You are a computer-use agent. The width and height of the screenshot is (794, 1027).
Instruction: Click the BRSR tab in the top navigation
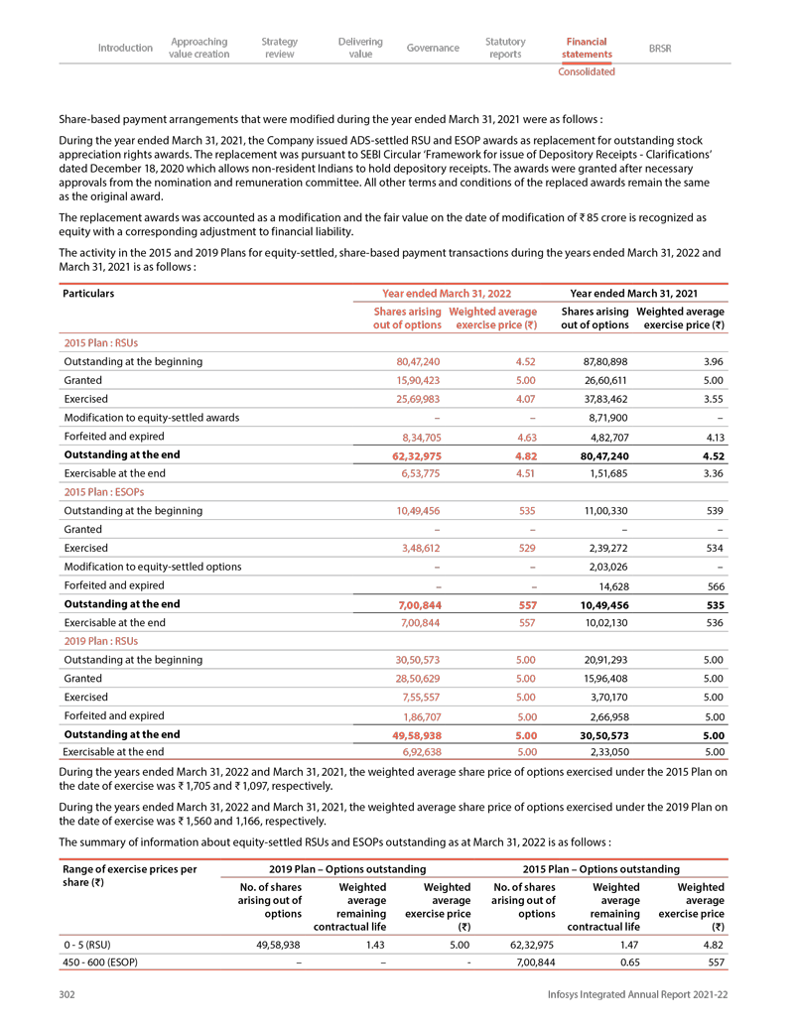point(659,48)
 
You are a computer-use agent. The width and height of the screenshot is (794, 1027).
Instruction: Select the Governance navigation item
point(433,48)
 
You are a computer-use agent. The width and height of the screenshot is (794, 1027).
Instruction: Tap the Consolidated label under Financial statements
point(586,72)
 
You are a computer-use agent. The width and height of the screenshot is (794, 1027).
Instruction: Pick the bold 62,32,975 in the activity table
point(419,455)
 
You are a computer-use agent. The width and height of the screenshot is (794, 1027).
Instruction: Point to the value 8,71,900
point(606,418)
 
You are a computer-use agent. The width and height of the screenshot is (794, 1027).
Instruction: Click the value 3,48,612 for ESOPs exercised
point(419,548)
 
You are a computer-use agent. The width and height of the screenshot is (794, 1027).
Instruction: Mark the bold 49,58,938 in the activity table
point(419,735)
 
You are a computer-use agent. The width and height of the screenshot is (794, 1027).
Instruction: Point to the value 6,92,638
point(419,753)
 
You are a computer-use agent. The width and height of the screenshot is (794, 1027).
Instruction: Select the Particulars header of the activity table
point(88,294)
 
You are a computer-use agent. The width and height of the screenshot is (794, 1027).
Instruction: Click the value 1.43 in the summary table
point(373,945)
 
